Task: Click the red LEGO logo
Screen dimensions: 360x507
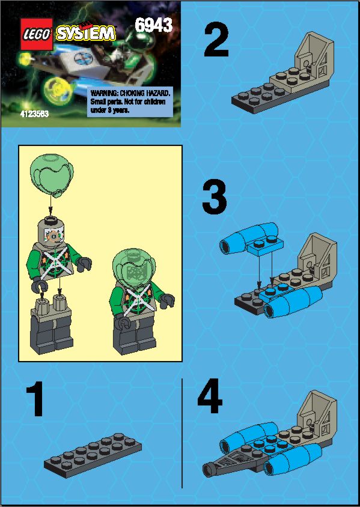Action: pyautogui.click(x=37, y=34)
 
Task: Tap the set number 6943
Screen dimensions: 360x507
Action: pyautogui.click(x=153, y=25)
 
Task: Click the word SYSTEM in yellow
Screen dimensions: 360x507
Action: pyautogui.click(x=86, y=33)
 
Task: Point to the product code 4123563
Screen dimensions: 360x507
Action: pyautogui.click(x=34, y=114)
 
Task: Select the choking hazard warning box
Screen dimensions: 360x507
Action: pyautogui.click(x=130, y=102)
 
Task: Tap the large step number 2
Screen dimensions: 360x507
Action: pyautogui.click(x=216, y=41)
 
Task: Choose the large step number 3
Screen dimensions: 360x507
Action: pyautogui.click(x=215, y=198)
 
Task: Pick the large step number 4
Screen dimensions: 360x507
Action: pyautogui.click(x=210, y=396)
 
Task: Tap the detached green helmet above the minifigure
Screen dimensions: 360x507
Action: pyautogui.click(x=52, y=175)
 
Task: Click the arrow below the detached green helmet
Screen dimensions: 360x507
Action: pyautogui.click(x=50, y=206)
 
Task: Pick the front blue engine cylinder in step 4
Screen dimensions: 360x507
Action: pyautogui.click(x=293, y=459)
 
